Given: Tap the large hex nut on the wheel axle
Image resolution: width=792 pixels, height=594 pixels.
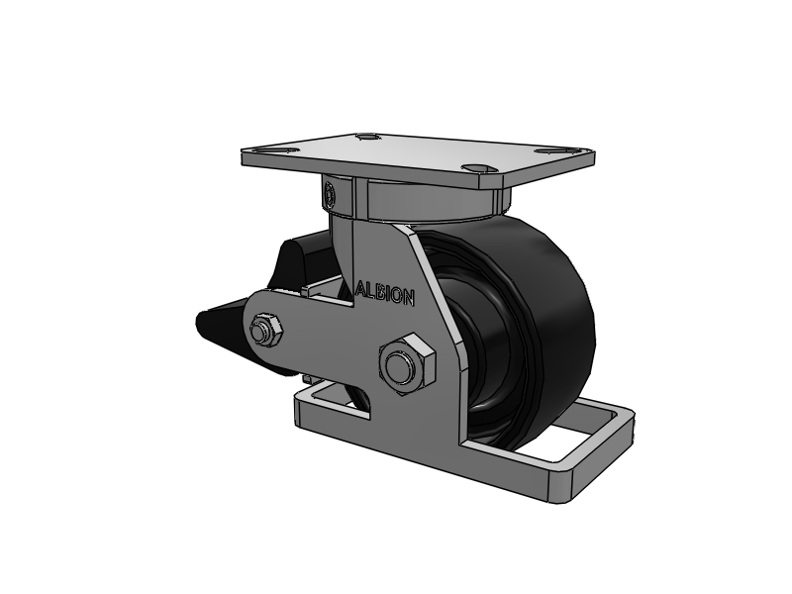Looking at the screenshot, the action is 407,363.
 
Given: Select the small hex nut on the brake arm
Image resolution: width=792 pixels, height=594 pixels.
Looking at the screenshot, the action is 266,331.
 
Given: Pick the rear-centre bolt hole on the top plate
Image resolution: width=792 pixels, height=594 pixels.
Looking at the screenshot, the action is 367,137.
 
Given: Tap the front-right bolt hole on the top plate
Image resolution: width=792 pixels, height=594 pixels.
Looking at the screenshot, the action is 476,168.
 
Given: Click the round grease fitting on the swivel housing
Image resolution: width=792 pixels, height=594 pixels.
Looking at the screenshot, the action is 330,194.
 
